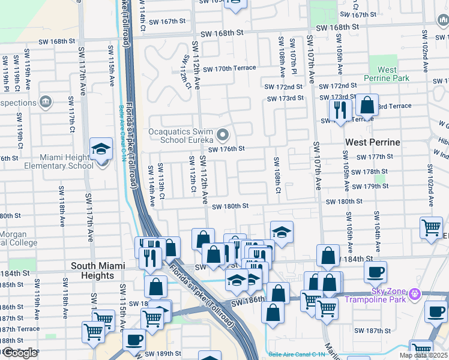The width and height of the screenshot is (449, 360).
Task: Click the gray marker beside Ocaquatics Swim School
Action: click(223, 134)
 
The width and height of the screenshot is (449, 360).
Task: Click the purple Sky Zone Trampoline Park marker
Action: click(414, 295)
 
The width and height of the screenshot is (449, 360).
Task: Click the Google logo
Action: click(20, 353)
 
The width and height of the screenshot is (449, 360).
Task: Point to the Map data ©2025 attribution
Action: click(423, 355)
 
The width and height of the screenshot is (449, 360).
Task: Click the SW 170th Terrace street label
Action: click(229, 68)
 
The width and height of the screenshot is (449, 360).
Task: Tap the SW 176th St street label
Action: click(226, 149)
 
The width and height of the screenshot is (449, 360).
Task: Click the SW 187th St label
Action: click(372, 331)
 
